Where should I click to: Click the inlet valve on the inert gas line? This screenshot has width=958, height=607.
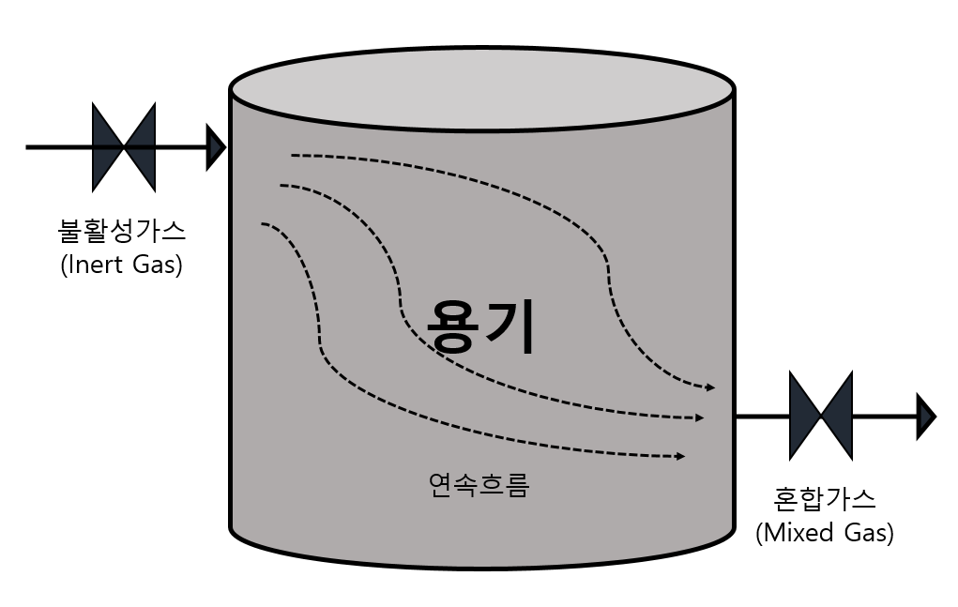pyautogui.click(x=123, y=147)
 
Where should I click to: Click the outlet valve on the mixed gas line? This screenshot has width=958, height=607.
pyautogui.click(x=821, y=416)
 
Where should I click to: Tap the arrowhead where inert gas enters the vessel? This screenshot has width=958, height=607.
pyautogui.click(x=217, y=147)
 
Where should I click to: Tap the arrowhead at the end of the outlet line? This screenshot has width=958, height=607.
pyautogui.click(x=926, y=416)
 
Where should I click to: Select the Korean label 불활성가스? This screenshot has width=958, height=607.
pyautogui.click(x=122, y=229)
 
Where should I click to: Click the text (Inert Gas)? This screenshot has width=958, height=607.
pyautogui.click(x=121, y=265)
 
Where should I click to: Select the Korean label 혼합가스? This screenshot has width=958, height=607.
pyautogui.click(x=825, y=497)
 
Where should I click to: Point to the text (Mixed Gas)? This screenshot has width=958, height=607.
pyautogui.click(x=825, y=533)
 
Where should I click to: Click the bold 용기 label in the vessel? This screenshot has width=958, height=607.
pyautogui.click(x=480, y=326)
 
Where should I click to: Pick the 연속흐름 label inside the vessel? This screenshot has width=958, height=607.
pyautogui.click(x=479, y=485)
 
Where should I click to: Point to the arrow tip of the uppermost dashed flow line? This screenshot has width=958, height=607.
pyautogui.click(x=712, y=387)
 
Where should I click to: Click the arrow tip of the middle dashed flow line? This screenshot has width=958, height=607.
pyautogui.click(x=699, y=417)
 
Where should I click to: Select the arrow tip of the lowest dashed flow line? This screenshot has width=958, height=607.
pyautogui.click(x=680, y=456)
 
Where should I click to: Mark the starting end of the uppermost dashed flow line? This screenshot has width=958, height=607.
pyautogui.click(x=294, y=155)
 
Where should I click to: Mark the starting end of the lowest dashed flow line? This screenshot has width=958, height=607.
pyautogui.click(x=264, y=223)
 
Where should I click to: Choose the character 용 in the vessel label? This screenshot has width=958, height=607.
pyautogui.click(x=453, y=326)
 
